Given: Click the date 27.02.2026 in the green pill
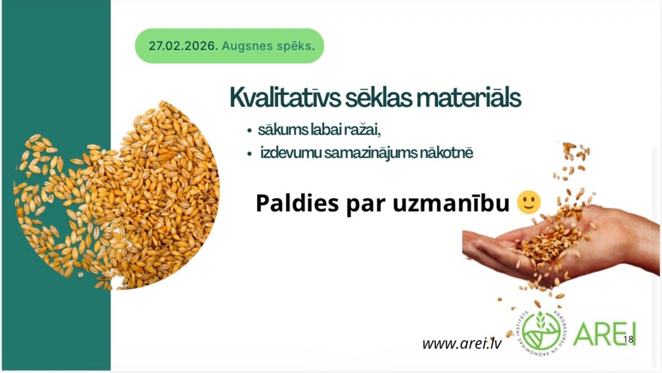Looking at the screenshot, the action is [x=183, y=46].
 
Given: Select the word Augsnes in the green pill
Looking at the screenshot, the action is [x=241, y=46].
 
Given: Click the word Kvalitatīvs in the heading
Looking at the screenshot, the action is [x=285, y=97].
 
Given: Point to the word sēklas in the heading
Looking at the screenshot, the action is [x=378, y=97].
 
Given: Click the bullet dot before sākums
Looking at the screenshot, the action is [x=249, y=131].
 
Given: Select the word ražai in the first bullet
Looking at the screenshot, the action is [x=363, y=129].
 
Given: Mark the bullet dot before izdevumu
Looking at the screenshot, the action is [x=249, y=154].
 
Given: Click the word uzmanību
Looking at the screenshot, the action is [x=451, y=203].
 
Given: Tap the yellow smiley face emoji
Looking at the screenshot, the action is [x=529, y=202].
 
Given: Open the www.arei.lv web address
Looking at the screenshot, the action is [x=462, y=343].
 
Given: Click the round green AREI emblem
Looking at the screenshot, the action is [x=542, y=333].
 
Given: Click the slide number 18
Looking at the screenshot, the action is [x=628, y=339].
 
